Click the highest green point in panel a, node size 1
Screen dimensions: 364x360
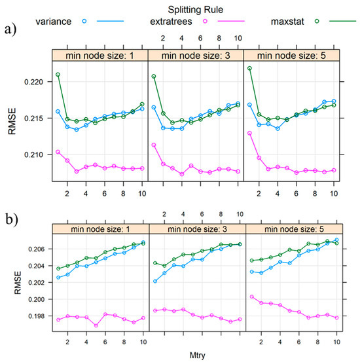tap(58, 75)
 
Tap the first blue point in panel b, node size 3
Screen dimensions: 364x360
tap(155, 281)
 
